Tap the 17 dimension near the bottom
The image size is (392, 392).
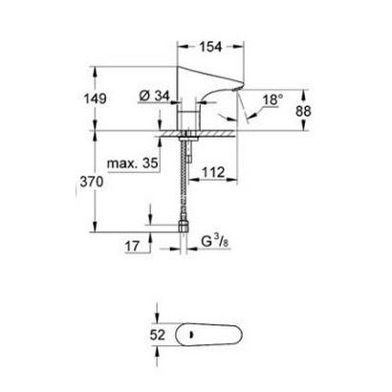tap(134, 247)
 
